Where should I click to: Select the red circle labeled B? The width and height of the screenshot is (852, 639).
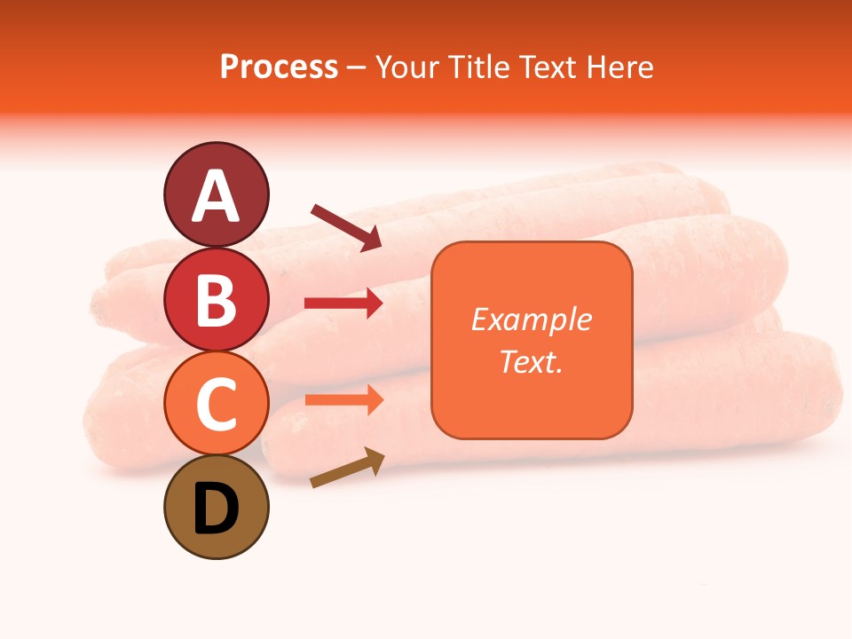216,300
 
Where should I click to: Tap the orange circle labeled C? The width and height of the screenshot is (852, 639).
216,404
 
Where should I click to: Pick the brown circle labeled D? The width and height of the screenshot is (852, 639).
216,508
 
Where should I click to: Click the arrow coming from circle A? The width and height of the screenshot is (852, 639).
345,227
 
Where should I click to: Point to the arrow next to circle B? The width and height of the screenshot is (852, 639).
343,304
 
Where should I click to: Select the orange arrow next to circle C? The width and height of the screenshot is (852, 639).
343,399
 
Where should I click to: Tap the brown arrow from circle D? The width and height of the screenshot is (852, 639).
347,468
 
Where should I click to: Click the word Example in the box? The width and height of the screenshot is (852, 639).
532,319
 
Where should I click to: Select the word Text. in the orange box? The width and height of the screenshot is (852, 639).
532,361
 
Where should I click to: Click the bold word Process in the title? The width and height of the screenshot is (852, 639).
279,67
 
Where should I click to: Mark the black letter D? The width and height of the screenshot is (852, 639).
216,509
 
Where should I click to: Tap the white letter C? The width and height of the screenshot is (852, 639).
216,405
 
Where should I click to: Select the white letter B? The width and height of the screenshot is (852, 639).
216,301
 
